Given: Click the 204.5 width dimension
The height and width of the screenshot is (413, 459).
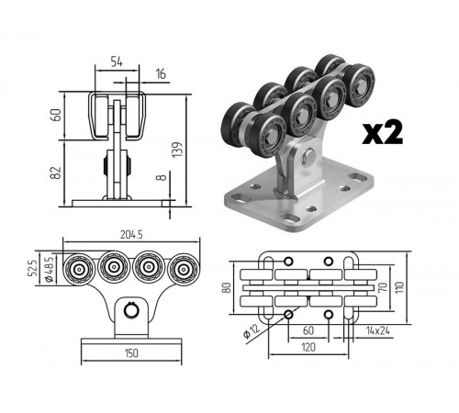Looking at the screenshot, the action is pyautogui.click(x=131, y=235).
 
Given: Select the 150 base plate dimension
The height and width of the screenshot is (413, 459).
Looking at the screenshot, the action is pyautogui.click(x=131, y=353).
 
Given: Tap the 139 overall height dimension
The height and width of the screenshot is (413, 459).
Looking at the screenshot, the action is pyautogui.click(x=177, y=150).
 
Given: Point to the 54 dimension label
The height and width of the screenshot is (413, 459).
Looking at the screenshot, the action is pyautogui.click(x=117, y=61).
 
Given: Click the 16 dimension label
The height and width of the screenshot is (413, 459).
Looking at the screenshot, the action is pyautogui.click(x=161, y=74).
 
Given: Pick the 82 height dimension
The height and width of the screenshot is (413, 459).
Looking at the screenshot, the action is pyautogui.click(x=56, y=173).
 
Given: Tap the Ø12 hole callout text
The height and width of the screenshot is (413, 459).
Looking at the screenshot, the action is pyautogui.click(x=252, y=330).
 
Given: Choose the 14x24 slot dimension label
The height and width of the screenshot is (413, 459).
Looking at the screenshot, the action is pyautogui.click(x=378, y=330).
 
